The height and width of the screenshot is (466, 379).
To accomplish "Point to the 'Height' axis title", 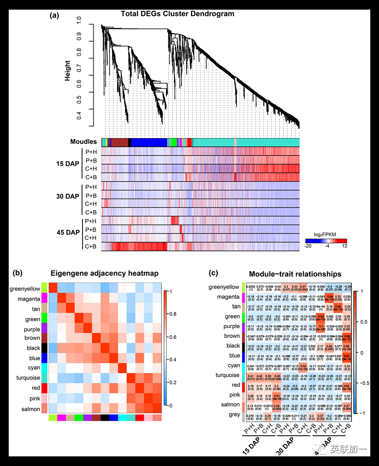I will coord(68,71).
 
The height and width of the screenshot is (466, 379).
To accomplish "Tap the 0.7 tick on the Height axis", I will coord(79,69).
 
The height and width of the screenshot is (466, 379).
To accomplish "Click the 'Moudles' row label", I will coord(83,142).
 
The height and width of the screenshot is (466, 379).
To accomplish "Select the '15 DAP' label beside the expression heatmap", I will coord(66,164).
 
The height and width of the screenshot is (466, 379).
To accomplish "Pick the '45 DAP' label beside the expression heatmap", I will coord(66,233).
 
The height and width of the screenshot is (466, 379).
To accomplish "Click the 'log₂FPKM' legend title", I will coord(325,234).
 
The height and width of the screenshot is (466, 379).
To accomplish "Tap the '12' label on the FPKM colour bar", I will coord(344,246).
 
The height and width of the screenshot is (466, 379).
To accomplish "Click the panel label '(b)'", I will coord(18,273).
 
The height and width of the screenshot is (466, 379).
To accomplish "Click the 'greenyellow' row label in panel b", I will coord(25,288).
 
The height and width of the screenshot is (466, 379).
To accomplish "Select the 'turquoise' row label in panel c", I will coord(225,375).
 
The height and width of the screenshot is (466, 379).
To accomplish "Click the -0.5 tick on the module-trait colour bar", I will coord(363,383).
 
